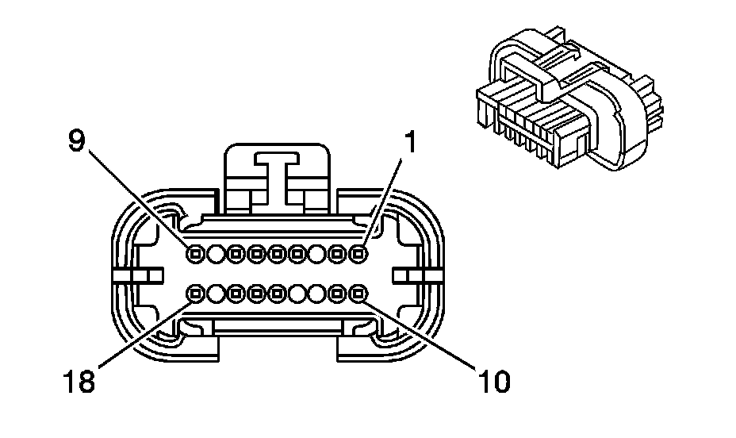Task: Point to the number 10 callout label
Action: pos(492,381)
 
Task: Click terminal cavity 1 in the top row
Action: pos(358,254)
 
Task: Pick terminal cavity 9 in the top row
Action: pos(194,254)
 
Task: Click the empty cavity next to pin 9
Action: pos(215,254)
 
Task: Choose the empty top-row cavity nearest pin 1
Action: pos(317,254)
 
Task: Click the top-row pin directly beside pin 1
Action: pos(338,254)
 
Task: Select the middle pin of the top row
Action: pos(276,254)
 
